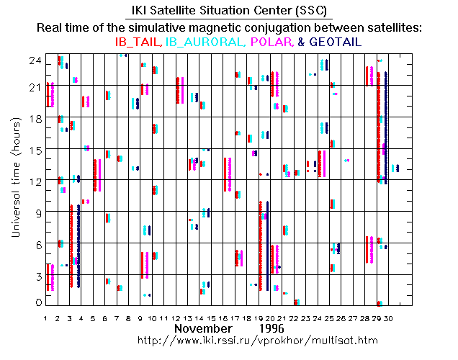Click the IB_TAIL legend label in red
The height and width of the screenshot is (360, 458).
(x=139, y=42)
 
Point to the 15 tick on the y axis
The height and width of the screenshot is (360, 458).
(x=33, y=150)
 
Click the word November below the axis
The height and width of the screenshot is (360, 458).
(x=202, y=328)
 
